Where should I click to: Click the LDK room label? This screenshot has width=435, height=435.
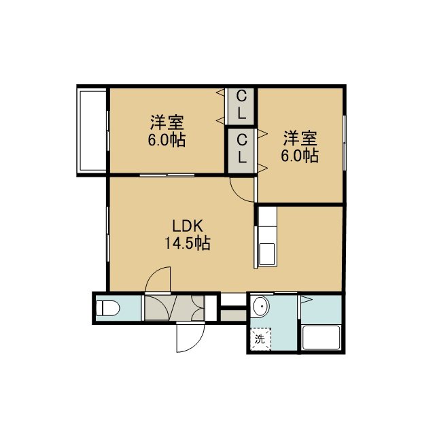(x=188, y=226)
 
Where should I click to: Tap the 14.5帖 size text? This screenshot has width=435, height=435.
(x=188, y=243)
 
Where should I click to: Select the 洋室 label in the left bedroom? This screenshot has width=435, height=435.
(x=167, y=122)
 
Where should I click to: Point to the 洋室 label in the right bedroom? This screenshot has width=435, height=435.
(x=300, y=139)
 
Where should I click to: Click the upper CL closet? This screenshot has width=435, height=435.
(x=241, y=106)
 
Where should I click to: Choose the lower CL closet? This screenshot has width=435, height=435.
(x=241, y=151)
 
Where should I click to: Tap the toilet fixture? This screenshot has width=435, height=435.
(x=107, y=308)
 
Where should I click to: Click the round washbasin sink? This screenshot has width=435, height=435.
(x=261, y=306)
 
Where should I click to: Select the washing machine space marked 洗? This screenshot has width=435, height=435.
(x=260, y=339)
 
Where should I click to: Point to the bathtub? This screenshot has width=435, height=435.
(x=321, y=338)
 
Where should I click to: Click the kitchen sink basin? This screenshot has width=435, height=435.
(x=267, y=254)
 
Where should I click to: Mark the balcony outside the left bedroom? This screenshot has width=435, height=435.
(x=92, y=130)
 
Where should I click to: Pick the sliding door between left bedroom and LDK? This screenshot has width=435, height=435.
(x=167, y=175)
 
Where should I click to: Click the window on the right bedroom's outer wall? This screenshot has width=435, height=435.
(x=345, y=143)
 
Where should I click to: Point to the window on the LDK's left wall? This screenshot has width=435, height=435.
(x=108, y=234)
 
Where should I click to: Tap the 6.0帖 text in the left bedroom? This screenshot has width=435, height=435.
(x=167, y=140)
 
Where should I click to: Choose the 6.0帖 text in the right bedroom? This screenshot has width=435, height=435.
(x=300, y=156)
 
